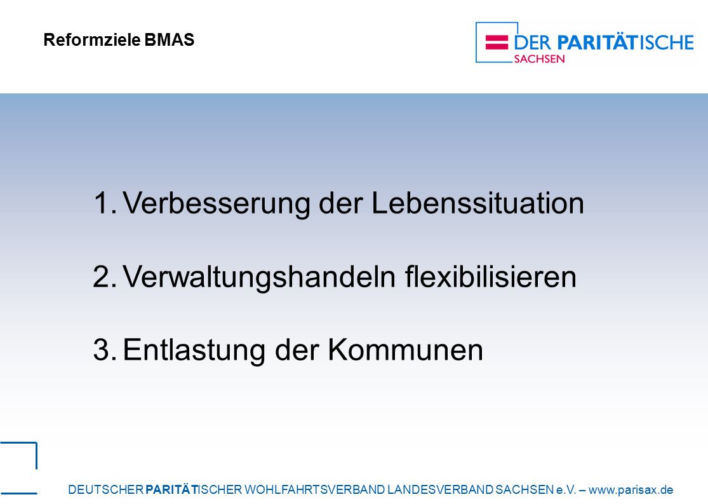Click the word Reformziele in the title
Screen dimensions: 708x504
point(92,40)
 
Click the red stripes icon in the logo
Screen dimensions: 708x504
point(497,42)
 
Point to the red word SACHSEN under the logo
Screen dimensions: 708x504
point(539,59)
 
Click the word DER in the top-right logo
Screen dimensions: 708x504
point(533,43)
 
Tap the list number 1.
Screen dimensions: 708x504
point(105,203)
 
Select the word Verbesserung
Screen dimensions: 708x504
point(217,203)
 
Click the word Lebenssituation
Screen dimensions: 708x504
point(478,203)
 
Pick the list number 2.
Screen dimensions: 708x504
point(105,276)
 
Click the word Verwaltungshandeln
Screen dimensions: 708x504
point(259,277)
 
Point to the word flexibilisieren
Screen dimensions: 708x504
point(490,276)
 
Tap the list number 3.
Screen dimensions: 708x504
point(105,350)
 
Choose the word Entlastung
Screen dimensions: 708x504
point(194,350)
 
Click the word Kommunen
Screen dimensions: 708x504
point(406,350)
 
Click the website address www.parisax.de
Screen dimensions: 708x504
point(631,489)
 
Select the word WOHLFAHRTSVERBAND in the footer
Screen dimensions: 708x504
point(314,489)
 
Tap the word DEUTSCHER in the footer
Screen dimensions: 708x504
point(105,489)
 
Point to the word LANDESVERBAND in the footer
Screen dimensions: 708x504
point(440,489)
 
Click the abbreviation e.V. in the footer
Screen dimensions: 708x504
point(566,489)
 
